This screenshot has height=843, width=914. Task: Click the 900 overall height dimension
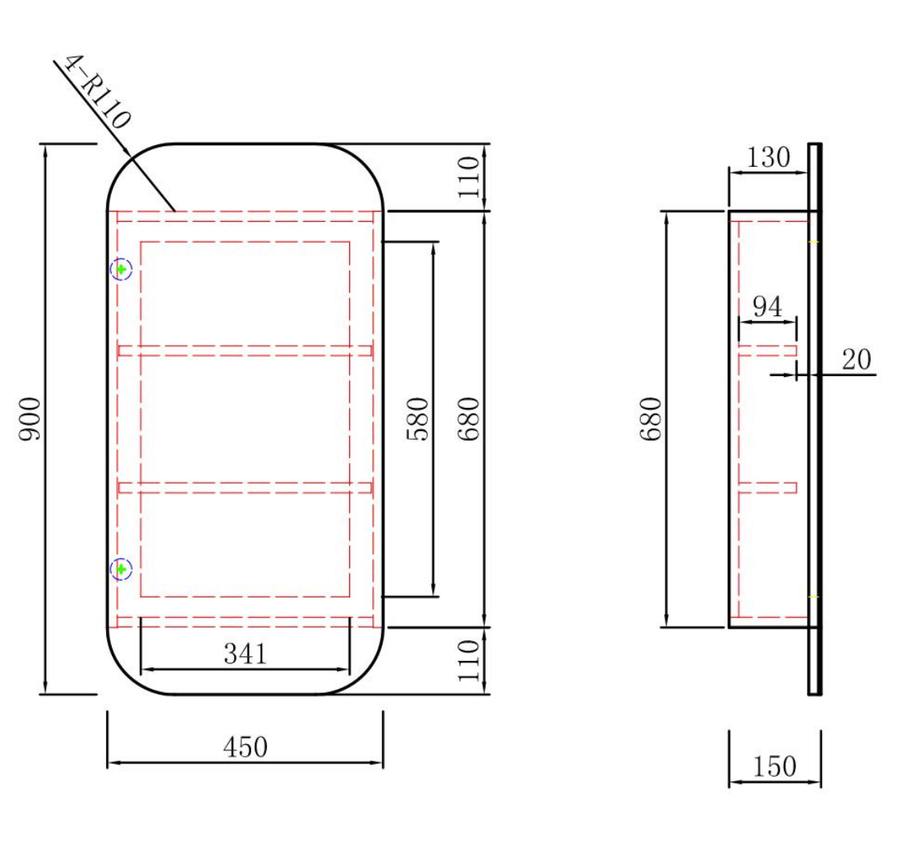[30, 419]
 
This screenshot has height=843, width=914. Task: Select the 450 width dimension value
[245, 747]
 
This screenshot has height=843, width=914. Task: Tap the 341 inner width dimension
[245, 654]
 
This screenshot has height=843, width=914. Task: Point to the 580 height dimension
[418, 419]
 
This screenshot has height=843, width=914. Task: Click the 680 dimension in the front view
[469, 419]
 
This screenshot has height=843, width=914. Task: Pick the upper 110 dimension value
[469, 177]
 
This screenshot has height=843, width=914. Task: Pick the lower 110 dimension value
[469, 661]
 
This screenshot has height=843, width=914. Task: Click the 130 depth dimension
[769, 157]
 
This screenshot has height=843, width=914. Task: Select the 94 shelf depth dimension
[767, 307]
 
